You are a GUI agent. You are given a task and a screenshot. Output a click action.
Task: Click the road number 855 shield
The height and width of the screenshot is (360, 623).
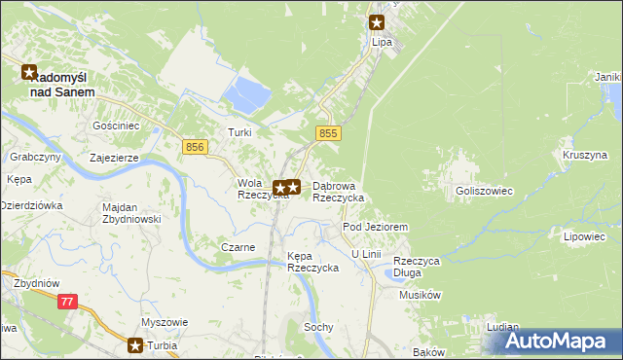coord(328,132)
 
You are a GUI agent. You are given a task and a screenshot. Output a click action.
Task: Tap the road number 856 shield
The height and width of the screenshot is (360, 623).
coord(195,146)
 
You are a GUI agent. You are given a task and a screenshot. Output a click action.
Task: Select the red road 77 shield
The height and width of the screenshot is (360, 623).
coord(67,303)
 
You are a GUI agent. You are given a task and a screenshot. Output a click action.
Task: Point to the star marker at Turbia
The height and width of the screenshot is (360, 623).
coord(136,344)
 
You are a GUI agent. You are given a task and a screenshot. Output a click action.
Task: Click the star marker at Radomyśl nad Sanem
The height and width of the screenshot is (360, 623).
coord(29,72)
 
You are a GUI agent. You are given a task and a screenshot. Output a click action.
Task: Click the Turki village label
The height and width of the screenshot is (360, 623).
coord(239,132)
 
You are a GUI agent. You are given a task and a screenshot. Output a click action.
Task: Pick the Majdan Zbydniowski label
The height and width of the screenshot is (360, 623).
coord(131,213)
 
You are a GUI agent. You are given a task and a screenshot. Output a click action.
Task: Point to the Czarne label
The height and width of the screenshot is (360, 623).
coord(238,247)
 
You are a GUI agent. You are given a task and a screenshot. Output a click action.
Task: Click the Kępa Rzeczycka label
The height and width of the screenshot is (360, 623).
coord(312,262)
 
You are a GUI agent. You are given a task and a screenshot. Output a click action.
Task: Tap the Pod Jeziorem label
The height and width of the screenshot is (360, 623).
coord(375,226)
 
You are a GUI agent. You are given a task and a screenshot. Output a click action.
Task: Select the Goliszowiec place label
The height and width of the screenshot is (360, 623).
coord(484,192)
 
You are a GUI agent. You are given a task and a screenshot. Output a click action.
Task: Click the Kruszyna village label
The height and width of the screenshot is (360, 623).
coord(584,155)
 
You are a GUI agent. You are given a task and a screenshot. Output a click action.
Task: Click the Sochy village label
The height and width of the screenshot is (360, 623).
coord(319,328)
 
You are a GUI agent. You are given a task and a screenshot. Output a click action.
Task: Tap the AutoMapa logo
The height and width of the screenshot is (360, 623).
coord(560,341)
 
